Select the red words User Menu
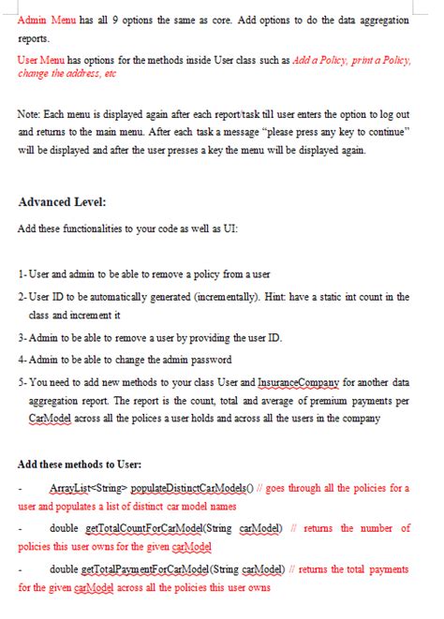coord(38,60)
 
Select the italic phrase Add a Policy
coord(320,60)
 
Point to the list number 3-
coord(22,337)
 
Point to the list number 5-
coord(22,382)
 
